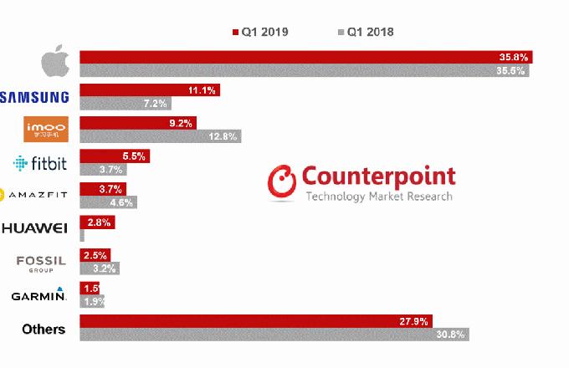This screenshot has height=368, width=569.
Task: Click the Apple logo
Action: point(55,64)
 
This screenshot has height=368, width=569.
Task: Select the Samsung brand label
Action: point(34,97)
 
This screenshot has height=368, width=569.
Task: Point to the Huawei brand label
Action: point(34,227)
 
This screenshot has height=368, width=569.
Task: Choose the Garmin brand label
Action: point(38,295)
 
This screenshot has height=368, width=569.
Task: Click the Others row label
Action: point(44,329)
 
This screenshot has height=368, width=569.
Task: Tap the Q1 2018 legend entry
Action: point(366,32)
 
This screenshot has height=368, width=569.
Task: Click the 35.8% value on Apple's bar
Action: point(513,58)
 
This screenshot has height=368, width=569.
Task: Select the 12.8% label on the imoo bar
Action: point(223,135)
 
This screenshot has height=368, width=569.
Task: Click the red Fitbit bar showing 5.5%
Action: point(115,156)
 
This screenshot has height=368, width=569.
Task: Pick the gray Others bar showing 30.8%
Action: point(274,335)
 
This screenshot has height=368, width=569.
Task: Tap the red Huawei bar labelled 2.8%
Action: point(96,222)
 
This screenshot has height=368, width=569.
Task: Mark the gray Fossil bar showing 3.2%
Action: point(99,268)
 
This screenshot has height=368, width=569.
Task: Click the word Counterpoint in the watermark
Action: point(378,176)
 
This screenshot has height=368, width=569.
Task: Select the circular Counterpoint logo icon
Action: point(282,181)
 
